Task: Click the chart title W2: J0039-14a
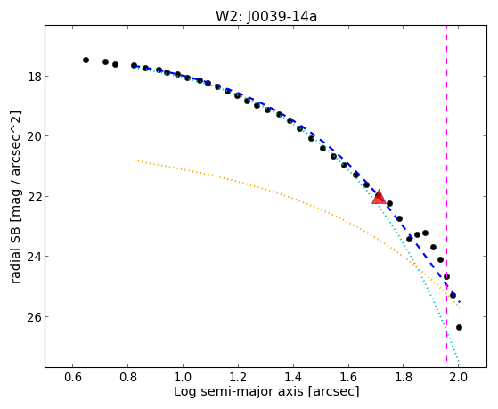(266, 17)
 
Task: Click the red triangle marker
(379, 197)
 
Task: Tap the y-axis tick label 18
(34, 77)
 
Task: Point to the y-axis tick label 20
(34, 136)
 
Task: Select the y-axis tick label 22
(34, 196)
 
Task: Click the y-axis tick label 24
(34, 257)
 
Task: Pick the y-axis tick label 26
(34, 317)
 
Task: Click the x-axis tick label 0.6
(73, 377)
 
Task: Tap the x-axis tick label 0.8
(127, 377)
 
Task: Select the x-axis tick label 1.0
(183, 377)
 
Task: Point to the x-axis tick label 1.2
(238, 377)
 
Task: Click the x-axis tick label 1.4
(293, 377)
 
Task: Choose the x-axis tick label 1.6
(348, 377)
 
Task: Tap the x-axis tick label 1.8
(403, 377)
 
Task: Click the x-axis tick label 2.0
(458, 377)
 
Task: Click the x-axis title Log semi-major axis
(239, 391)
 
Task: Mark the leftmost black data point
(86, 60)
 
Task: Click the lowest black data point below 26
(459, 327)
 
